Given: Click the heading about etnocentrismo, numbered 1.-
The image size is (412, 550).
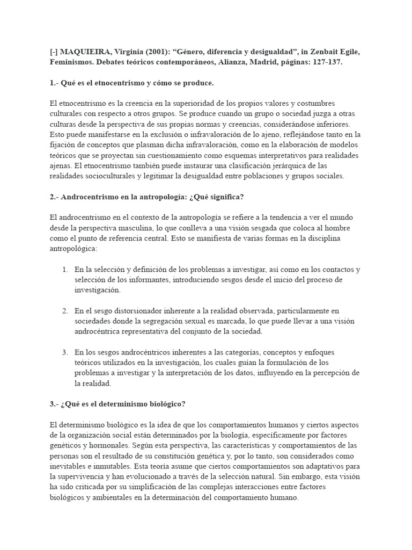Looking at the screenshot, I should point(131,83).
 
